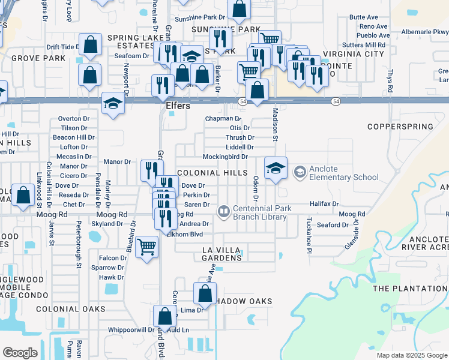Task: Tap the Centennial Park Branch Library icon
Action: click(223, 211)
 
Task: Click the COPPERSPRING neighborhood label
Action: click(400, 127)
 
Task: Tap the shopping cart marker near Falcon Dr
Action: click(146, 245)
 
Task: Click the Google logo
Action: click(20, 353)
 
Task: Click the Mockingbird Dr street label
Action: click(225, 157)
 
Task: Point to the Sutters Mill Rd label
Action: click(364, 45)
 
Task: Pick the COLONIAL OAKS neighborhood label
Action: click(70, 310)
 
